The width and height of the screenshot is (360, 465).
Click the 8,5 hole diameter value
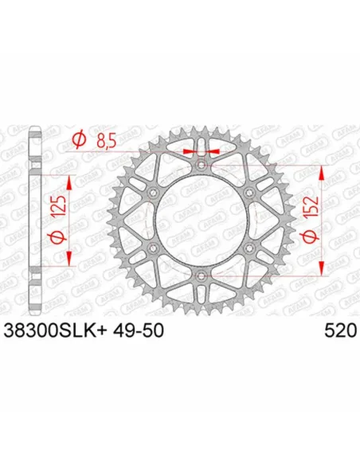[x=106, y=141]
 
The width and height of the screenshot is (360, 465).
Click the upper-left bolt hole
[x=152, y=193]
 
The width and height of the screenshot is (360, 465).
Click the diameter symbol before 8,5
[x=79, y=141]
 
